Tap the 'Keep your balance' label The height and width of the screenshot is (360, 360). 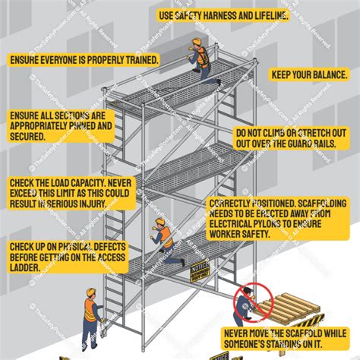tap(308, 75)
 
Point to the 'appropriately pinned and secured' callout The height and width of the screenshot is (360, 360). tap(61, 125)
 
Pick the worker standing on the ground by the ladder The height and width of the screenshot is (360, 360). tap(91, 311)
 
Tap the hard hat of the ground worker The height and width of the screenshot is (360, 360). tap(90, 292)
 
